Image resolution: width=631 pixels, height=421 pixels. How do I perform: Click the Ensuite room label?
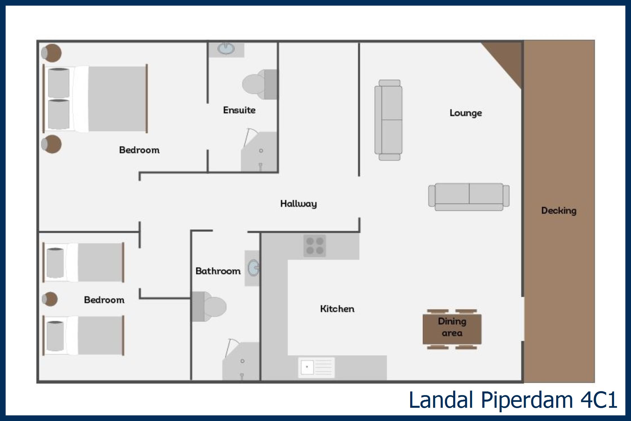tap(239, 110)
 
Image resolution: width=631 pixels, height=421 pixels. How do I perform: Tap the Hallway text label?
tap(298, 203)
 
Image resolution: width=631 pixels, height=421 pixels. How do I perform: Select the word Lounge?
tap(466, 113)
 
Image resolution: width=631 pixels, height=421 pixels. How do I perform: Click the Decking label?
tap(559, 210)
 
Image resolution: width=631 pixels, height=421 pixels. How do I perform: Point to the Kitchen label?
tap(337, 309)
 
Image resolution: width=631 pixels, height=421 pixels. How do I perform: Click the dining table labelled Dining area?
tap(452, 329)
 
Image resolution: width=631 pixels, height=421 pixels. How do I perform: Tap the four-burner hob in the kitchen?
tap(315, 246)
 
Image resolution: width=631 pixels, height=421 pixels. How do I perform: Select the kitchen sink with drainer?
tap(316, 367)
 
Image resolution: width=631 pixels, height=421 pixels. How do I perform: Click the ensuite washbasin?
tap(226, 49)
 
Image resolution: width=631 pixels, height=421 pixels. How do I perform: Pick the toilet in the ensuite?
tap(259, 84)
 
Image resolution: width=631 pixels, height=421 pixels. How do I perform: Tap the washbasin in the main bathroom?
tap(253, 268)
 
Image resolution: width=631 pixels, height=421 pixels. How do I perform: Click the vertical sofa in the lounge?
tap(388, 120)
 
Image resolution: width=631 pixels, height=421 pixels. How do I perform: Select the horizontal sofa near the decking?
tap(469, 196)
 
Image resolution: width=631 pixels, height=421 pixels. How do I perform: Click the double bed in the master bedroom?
tap(96, 99)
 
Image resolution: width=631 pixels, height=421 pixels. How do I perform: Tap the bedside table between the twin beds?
tap(50, 299)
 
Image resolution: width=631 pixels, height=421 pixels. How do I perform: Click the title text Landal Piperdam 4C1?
tap(512, 400)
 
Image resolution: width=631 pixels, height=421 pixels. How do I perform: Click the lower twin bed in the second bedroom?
tap(83, 335)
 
